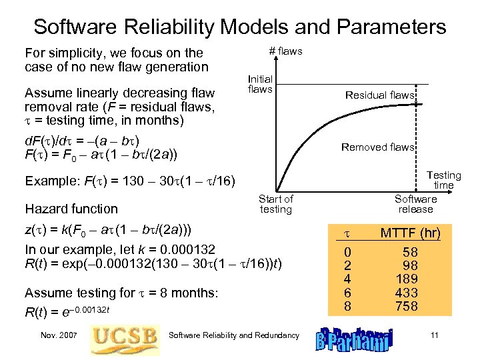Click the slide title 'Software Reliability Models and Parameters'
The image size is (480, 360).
tap(240, 27)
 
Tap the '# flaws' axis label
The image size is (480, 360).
tap(285, 51)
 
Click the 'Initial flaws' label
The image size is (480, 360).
tap(260, 84)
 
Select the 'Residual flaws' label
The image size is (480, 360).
tap(379, 95)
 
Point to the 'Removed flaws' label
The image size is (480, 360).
tap(377, 147)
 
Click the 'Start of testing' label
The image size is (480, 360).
tap(275, 204)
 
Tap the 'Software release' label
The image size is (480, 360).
tap(415, 204)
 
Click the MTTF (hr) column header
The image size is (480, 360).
tap(410, 233)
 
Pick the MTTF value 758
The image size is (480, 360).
tap(406, 307)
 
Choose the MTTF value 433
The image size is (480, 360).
tap(406, 292)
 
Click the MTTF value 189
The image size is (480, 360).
tap(406, 278)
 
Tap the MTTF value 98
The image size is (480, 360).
tap(409, 265)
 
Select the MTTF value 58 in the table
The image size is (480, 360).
tap(409, 251)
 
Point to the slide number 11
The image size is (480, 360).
tap(434, 335)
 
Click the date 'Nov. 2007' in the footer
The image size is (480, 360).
tap(59, 335)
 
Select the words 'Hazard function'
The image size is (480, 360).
tap(71, 209)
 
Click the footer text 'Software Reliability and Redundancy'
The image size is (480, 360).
tap(235, 335)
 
